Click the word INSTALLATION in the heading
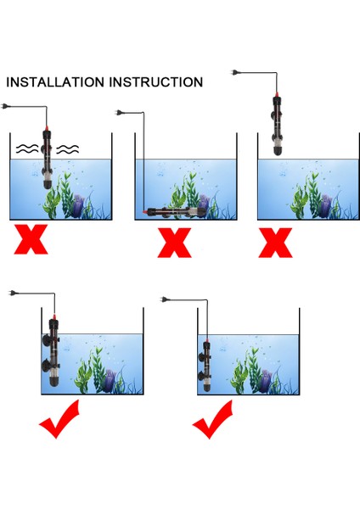click(55, 82)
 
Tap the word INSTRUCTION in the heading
click(156, 82)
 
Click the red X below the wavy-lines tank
click(31, 239)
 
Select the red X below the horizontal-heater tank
click(174, 243)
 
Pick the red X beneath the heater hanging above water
click(275, 243)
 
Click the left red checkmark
click(60, 419)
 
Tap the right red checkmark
click(213, 419)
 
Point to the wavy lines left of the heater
click(27, 148)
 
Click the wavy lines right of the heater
click(68, 149)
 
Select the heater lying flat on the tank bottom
click(175, 212)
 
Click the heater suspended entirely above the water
click(277, 123)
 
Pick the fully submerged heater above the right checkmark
click(205, 366)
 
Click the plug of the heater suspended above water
click(234, 72)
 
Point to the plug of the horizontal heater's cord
click(119, 113)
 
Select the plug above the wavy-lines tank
click(5, 106)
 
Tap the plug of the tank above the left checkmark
click(14, 294)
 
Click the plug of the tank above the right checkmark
click(166, 299)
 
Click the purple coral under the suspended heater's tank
click(325, 205)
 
